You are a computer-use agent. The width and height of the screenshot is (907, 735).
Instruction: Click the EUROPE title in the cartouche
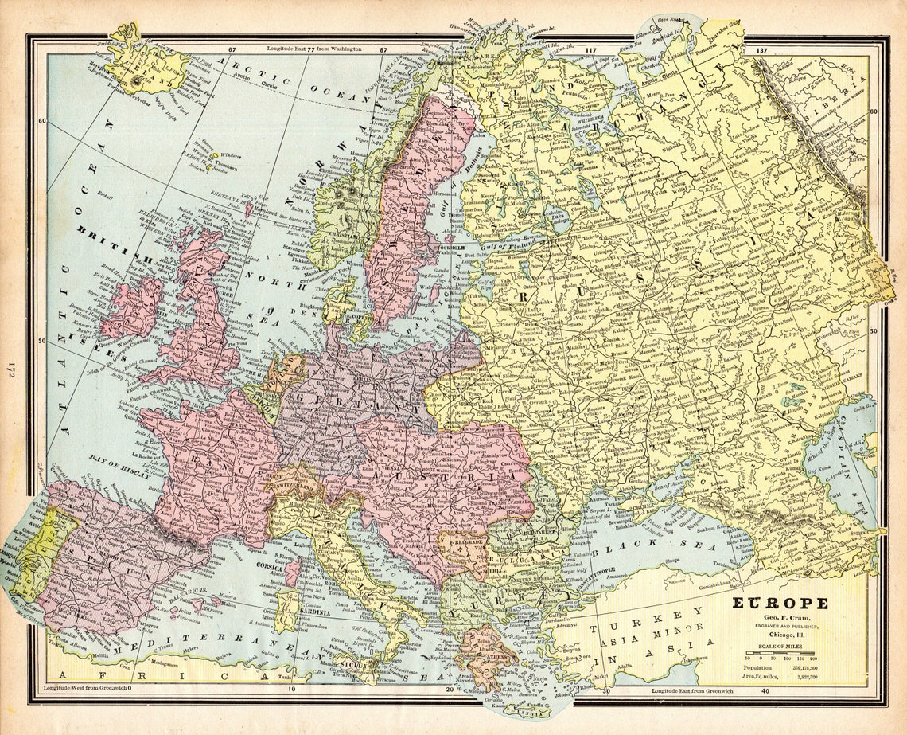click(x=780, y=603)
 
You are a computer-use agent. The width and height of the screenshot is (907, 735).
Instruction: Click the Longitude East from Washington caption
click(x=314, y=49)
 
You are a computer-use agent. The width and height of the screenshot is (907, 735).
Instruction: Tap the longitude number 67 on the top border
click(x=232, y=49)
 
